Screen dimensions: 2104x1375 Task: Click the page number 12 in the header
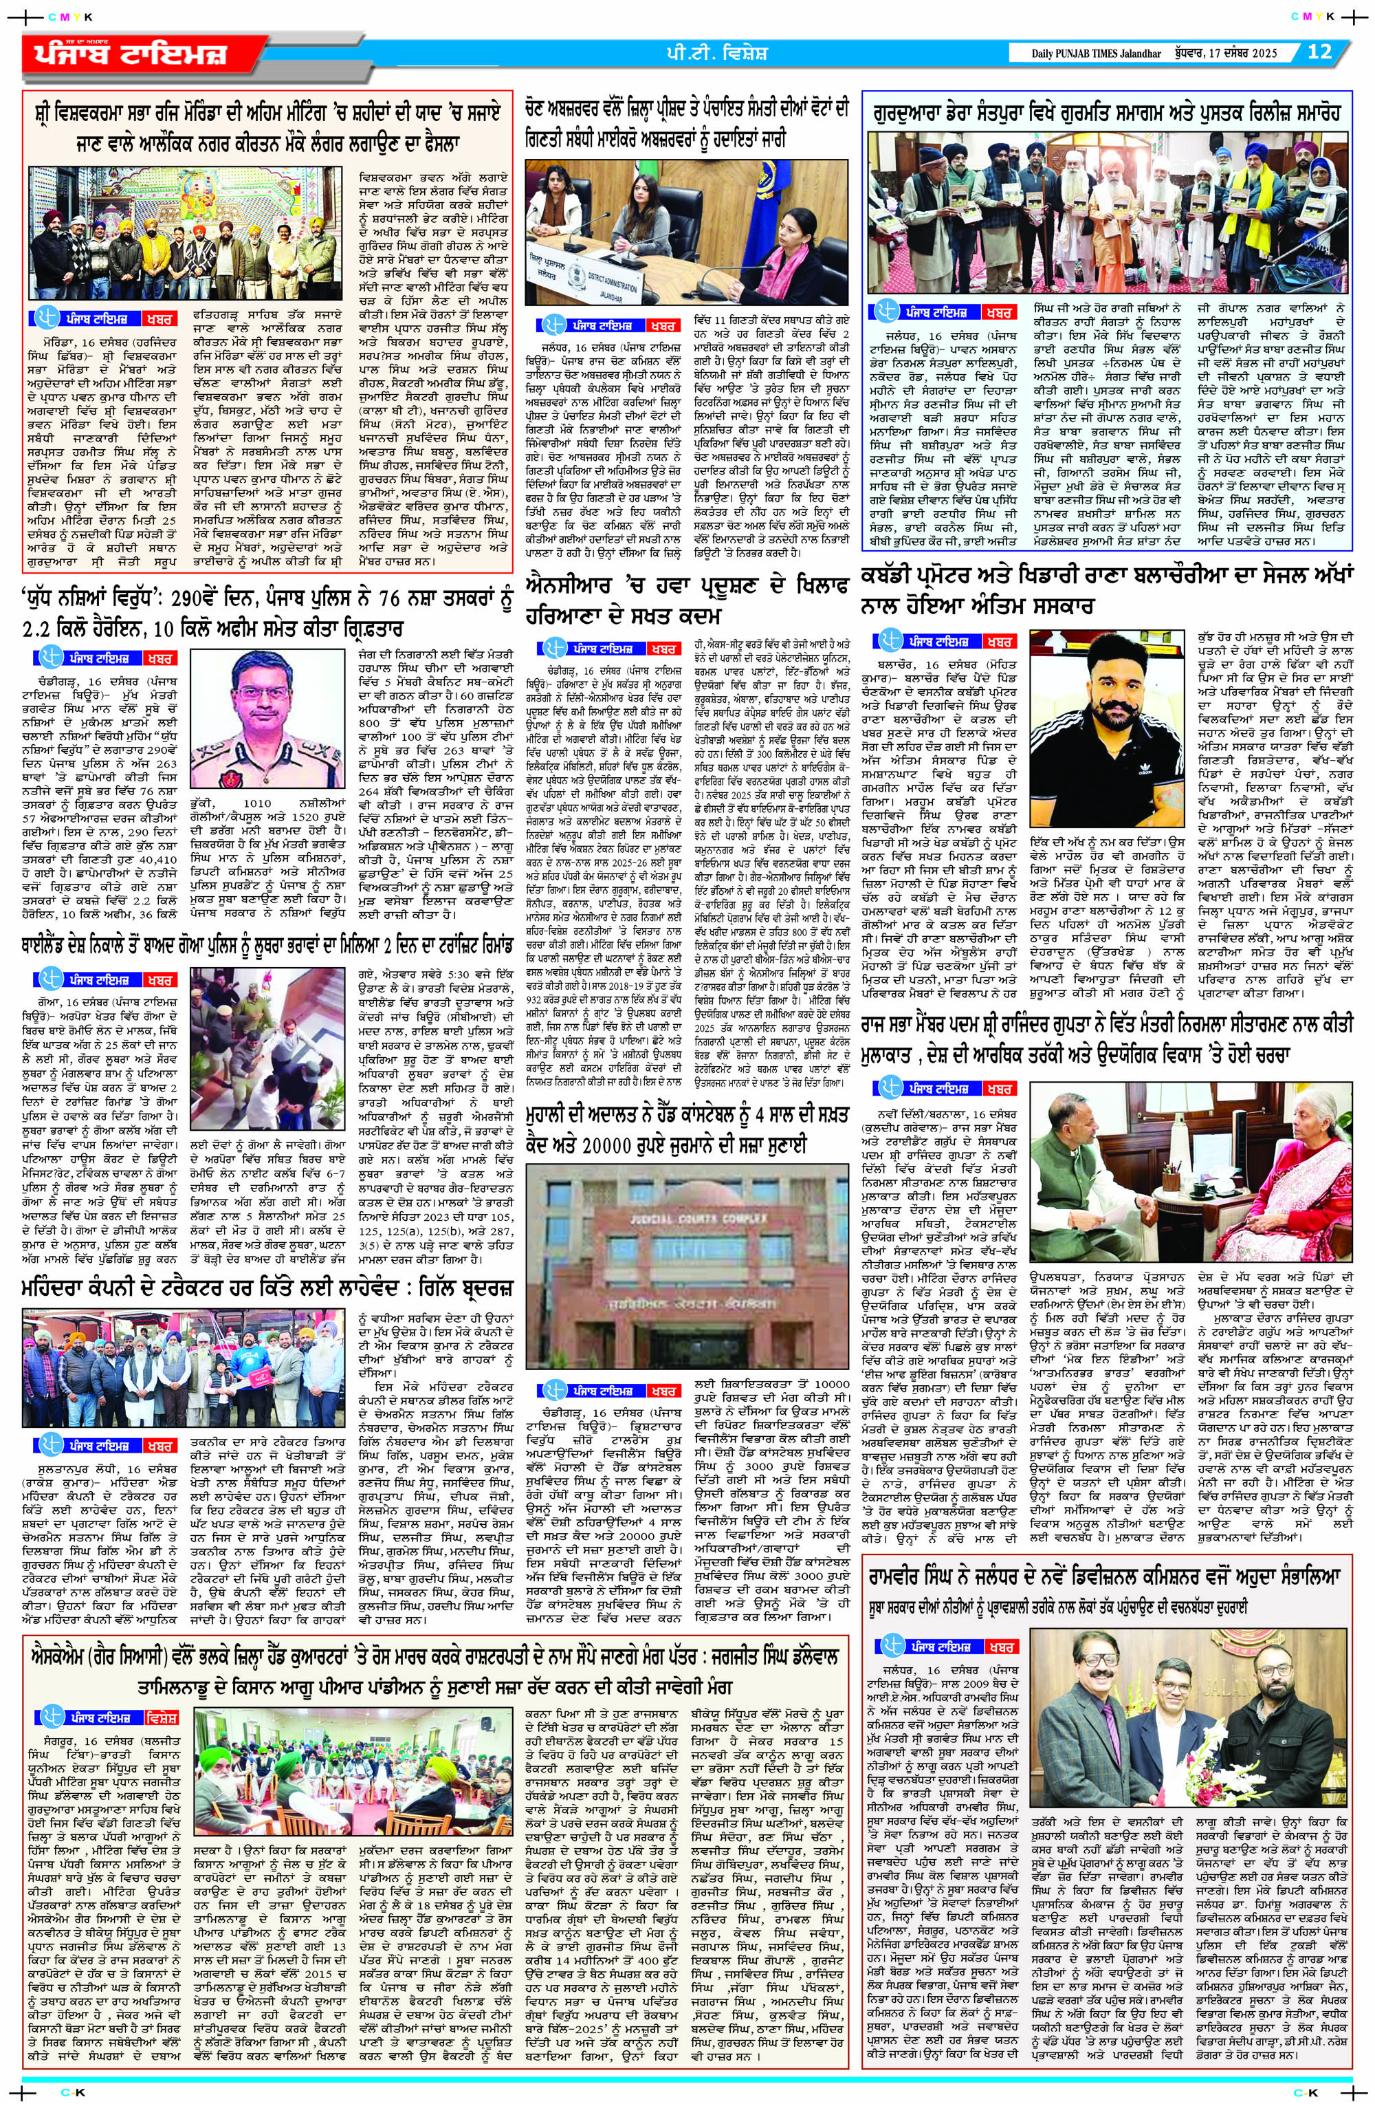pyautogui.click(x=1319, y=52)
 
